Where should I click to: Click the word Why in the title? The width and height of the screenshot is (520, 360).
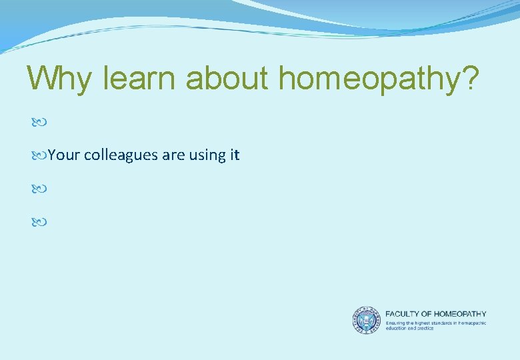[x=61, y=79]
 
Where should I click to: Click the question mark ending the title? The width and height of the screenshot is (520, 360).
[x=468, y=79]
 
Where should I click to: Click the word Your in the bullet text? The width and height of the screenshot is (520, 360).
[x=64, y=155]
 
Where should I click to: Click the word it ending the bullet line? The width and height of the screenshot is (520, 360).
[x=234, y=155]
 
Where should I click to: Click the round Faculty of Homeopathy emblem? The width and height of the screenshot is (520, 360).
[x=366, y=320]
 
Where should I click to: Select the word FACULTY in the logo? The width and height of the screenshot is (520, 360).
[x=403, y=314]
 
